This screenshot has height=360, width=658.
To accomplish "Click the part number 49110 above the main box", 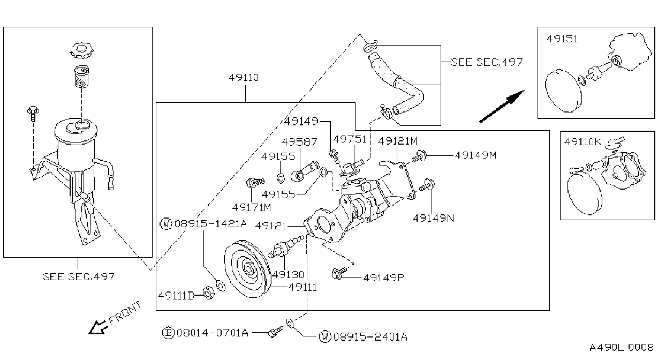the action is point(244,78).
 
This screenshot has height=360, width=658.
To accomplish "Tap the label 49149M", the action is point(475,155).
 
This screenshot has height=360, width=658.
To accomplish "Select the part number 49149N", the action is point(433,218).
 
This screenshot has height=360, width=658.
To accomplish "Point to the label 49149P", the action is point(384,277).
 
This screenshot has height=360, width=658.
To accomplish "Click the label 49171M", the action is point(252,207).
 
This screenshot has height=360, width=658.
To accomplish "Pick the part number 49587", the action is point(299,142).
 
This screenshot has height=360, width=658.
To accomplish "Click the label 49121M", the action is point(397,141).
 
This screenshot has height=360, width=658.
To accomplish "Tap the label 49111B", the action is point(176,295).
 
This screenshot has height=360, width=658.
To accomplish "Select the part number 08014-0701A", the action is point(213,333).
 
